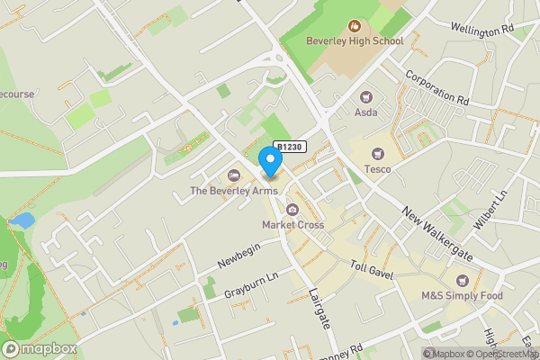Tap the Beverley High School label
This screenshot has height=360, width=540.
click(355, 40)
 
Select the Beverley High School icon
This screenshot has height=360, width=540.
click(355, 25)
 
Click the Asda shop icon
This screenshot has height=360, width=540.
click(366, 96)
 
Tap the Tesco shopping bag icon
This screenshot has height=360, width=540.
click(377, 153)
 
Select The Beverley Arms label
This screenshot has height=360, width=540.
click(233, 190)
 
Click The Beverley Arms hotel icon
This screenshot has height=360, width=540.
click(234, 174)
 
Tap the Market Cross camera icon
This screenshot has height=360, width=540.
click(292, 209)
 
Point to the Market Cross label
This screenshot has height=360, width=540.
click(292, 224)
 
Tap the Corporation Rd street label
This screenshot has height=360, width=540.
click(436, 89)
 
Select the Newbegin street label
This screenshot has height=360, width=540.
click(238, 262)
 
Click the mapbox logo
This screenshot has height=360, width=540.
click(39, 348)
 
